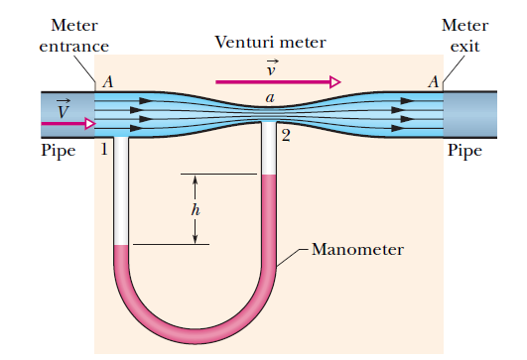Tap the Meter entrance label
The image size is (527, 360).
coord(73,36)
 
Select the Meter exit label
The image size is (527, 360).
coord(462,36)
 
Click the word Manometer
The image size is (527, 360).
coord(357,249)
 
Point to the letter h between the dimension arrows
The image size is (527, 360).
coord(195,209)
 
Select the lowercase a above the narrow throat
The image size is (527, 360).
coord(269,97)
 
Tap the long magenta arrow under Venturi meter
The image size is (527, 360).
coord(278,82)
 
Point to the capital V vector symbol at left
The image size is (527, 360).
coord(63,107)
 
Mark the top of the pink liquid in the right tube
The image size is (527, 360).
coord(268,177)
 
